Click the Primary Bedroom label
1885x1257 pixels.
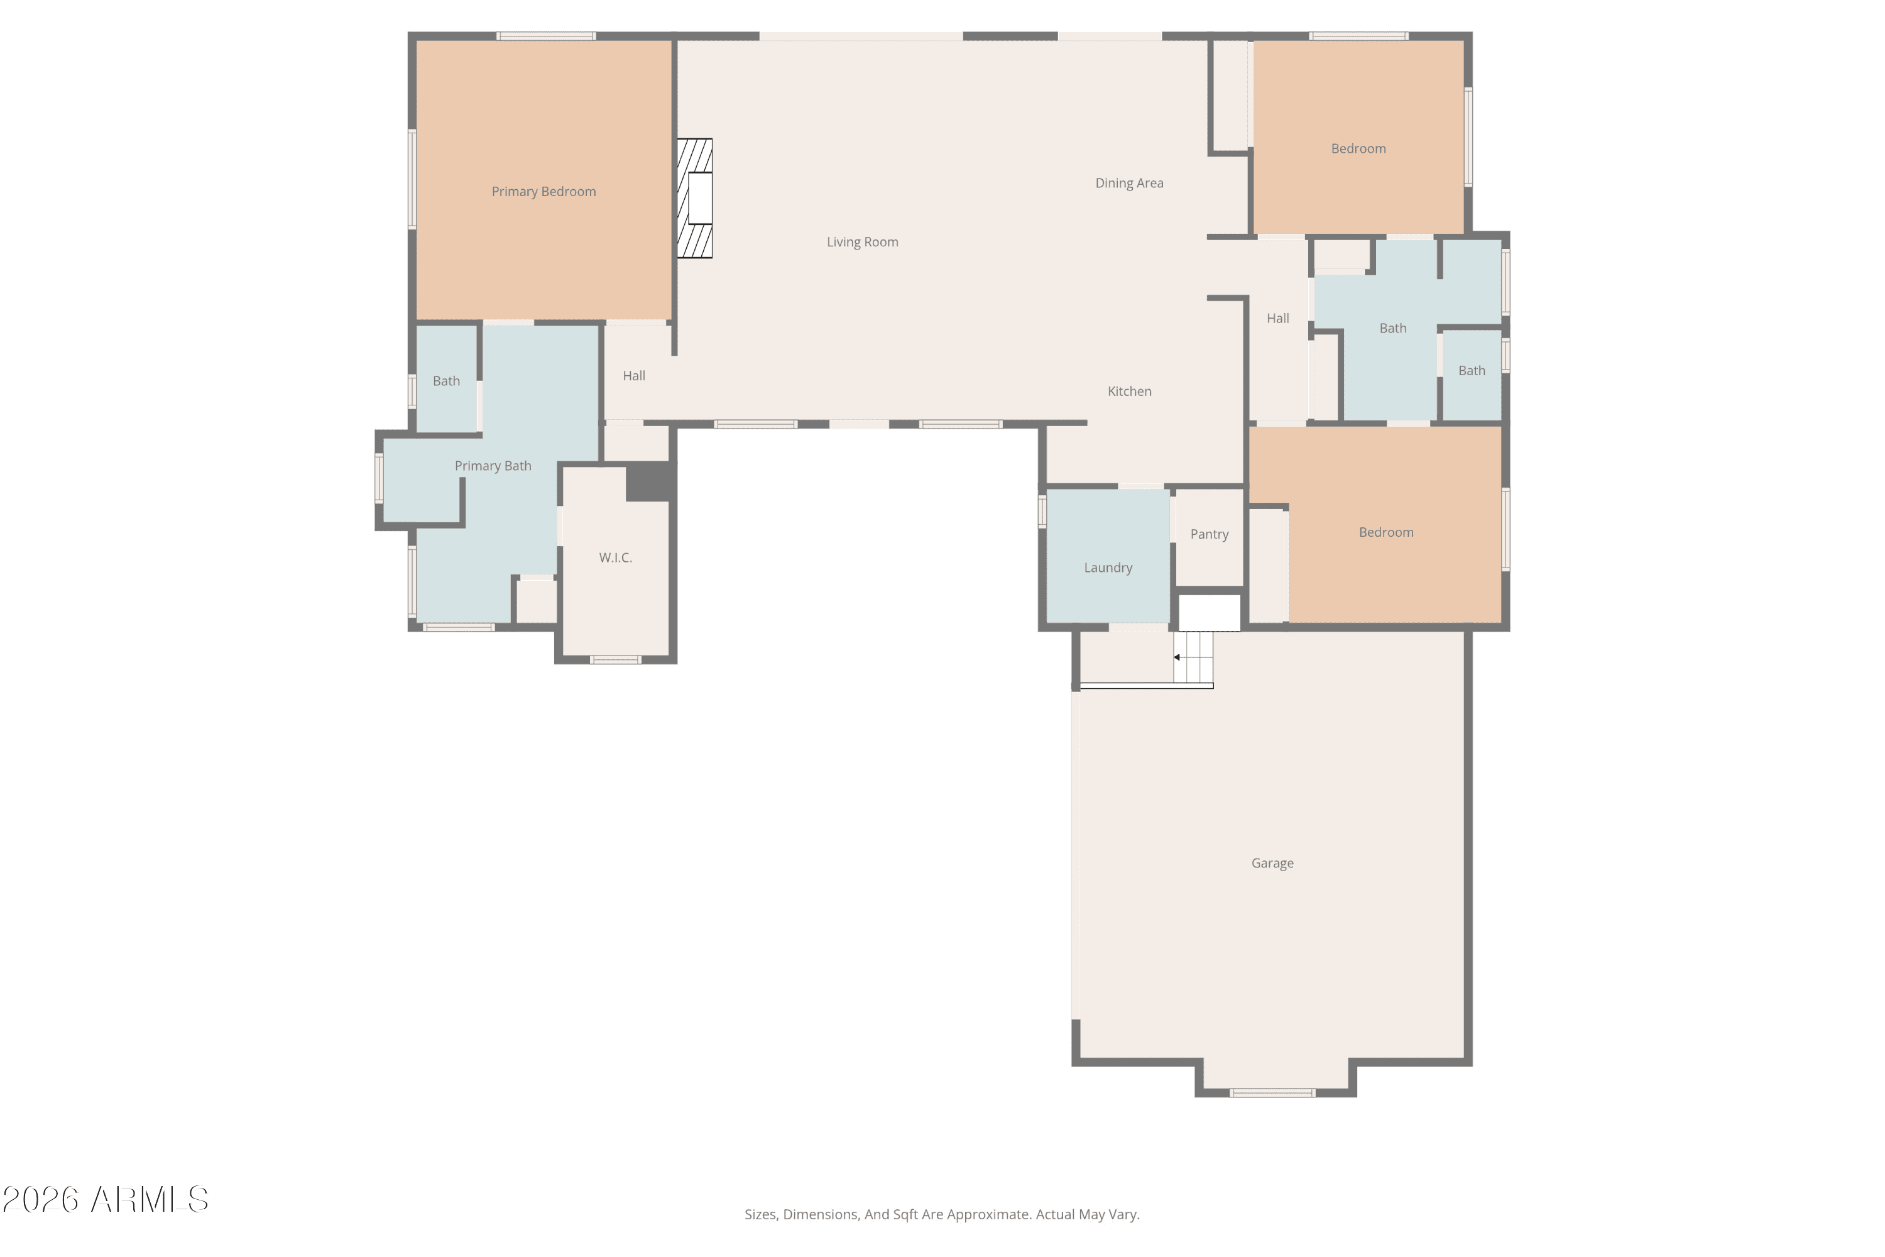(544, 192)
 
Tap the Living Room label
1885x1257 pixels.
(862, 242)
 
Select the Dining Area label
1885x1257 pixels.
(1129, 183)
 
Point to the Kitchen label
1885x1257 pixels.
(1129, 391)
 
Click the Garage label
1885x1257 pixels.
(1273, 864)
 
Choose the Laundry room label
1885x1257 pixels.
(1108, 568)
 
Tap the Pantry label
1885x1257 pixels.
(1210, 534)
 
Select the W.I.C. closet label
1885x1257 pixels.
(616, 558)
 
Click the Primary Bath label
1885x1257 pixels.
(493, 466)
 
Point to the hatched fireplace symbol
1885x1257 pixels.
(694, 199)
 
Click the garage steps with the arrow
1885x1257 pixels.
(1193, 657)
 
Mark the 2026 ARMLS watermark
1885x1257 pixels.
(105, 1199)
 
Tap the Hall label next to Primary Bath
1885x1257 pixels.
(634, 375)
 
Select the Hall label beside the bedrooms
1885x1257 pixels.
(1277, 318)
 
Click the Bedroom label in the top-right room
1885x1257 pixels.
(1358, 148)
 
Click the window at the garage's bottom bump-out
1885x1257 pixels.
(1273, 1093)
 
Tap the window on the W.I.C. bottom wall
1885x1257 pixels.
(616, 660)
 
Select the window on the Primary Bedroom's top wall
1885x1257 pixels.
(546, 36)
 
